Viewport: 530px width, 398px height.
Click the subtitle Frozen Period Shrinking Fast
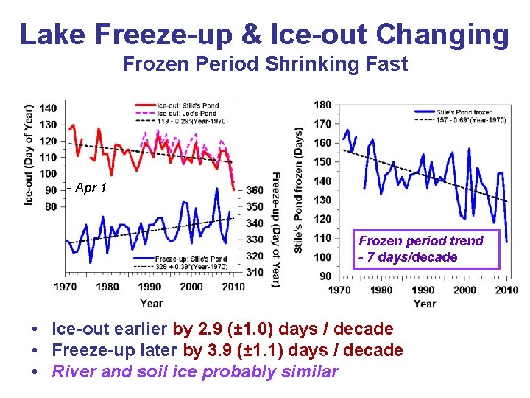coord(264,64)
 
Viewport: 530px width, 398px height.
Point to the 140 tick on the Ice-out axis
coord(48,108)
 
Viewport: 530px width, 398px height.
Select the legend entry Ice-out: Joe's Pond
coord(188,114)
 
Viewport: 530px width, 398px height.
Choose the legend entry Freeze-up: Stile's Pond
coord(191,259)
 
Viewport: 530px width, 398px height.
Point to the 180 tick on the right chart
coord(322,105)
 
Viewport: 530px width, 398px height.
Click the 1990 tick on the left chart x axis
coord(149,287)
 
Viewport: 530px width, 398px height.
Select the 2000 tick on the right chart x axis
coord(464,290)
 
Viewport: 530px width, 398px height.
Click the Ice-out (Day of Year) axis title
coord(29,155)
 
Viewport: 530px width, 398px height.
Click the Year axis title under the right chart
coord(424,304)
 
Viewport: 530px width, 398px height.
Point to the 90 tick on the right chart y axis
coord(325,276)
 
